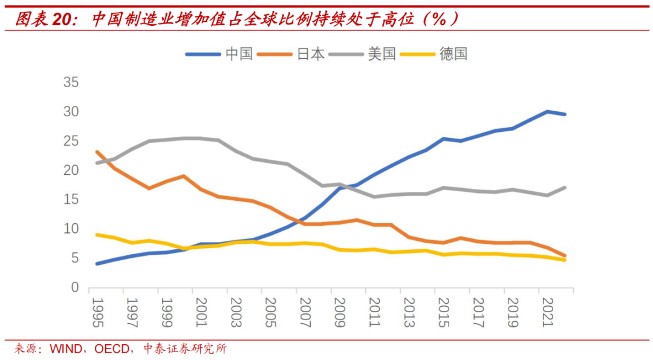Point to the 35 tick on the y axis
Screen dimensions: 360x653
[71, 82]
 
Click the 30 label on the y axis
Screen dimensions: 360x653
[71, 112]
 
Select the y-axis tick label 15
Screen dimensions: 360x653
[71, 200]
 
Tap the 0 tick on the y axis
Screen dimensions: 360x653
[75, 287]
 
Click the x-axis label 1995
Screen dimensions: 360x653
[96, 312]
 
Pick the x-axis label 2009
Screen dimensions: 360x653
[339, 312]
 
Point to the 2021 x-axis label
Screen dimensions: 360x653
[547, 312]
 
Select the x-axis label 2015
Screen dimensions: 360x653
[443, 312]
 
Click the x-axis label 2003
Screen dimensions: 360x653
[235, 312]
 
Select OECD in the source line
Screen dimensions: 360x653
[112, 349]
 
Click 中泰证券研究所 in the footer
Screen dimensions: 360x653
[184, 349]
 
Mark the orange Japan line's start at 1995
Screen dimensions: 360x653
[97, 152]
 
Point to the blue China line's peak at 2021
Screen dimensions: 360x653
[547, 111]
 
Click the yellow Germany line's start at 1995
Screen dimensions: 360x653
[97, 235]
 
